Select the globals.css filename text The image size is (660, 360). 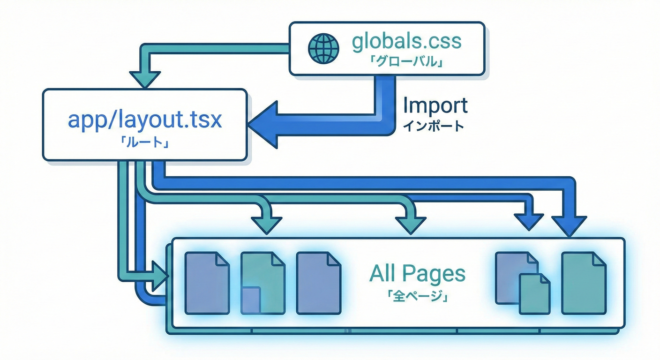[x=406, y=41]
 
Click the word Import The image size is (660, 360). [x=435, y=105]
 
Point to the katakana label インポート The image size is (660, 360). [x=433, y=126]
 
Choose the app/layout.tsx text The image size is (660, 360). [x=144, y=120]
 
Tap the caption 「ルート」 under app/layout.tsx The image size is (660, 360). [x=144, y=142]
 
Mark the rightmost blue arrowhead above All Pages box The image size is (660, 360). [x=569, y=225]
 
